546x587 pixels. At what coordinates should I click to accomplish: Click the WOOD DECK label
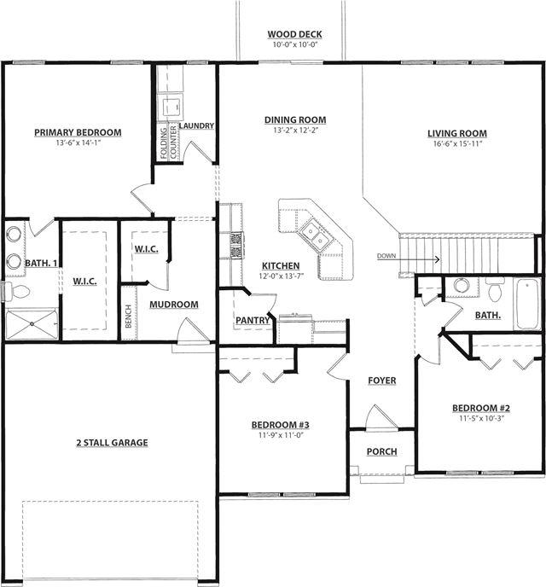[x=295, y=34]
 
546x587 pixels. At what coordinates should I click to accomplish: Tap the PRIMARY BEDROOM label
[x=78, y=132]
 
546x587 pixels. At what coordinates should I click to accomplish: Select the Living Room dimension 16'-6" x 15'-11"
[x=457, y=143]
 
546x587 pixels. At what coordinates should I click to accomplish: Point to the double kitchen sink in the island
[x=314, y=235]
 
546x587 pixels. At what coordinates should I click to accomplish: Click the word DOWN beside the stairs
[x=386, y=256]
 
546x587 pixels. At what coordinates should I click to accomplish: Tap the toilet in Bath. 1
[x=18, y=291]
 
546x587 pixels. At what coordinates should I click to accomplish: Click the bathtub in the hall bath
[x=528, y=304]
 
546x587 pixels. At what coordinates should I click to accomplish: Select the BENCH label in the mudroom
[x=128, y=317]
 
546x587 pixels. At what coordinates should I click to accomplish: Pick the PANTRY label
[x=253, y=321]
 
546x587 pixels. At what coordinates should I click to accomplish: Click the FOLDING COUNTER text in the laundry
[x=168, y=142]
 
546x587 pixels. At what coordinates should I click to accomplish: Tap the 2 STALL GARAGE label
[x=113, y=443]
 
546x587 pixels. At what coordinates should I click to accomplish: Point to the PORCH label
[x=381, y=452]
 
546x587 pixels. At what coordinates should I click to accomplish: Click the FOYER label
[x=381, y=381]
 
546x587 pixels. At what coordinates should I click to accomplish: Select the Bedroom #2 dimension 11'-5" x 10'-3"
[x=482, y=419]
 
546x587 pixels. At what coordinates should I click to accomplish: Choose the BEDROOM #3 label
[x=281, y=425]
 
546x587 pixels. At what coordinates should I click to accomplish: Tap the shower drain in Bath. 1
[x=32, y=324]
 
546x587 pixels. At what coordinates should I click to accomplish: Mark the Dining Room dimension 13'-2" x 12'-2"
[x=295, y=131]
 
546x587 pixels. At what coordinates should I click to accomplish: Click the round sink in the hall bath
[x=462, y=286]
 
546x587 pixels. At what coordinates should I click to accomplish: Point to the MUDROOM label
[x=174, y=305]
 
